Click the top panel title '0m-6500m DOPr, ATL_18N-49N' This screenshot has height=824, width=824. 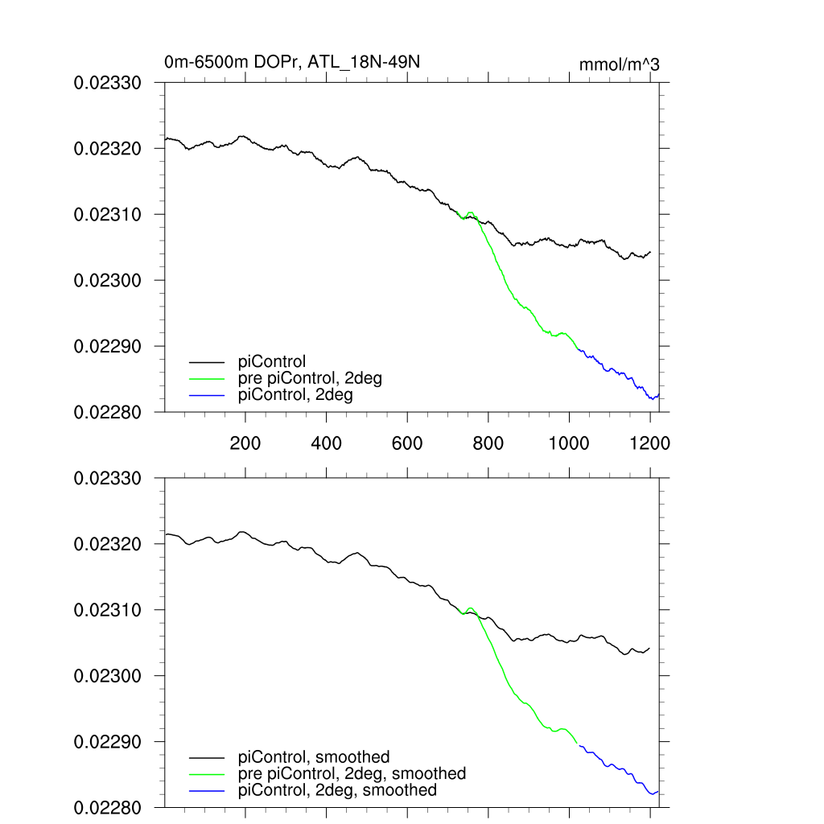(292, 63)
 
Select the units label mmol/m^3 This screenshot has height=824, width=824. (619, 64)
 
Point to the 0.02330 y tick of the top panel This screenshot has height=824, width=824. (108, 83)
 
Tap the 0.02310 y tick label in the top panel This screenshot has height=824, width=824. (108, 215)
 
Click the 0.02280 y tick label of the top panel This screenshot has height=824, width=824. (108, 412)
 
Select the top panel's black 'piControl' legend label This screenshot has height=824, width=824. (273, 362)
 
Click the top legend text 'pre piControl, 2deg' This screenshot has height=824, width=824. (311, 379)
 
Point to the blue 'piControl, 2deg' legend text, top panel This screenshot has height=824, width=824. (296, 395)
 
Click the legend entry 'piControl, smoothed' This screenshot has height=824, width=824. (315, 757)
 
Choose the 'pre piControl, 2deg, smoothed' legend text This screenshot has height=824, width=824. (352, 773)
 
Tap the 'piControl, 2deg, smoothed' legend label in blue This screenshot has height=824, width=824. (338, 790)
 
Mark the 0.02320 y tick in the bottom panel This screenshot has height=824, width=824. (108, 544)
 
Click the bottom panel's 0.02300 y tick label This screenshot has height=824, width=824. (108, 676)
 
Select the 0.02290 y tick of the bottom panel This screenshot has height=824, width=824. (108, 742)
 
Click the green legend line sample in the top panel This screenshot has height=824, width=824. (207, 379)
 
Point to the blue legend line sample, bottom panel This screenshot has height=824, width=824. (207, 790)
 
